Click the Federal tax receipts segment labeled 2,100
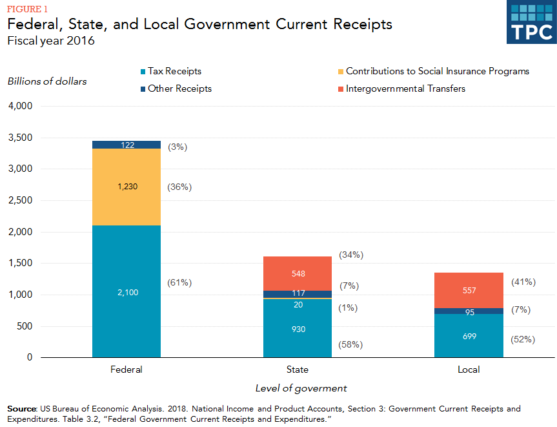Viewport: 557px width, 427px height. click(x=127, y=291)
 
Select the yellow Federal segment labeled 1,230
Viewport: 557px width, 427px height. click(x=127, y=187)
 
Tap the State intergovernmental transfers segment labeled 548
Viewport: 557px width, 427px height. click(x=298, y=273)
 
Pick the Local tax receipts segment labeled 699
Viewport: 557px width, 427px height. click(x=469, y=335)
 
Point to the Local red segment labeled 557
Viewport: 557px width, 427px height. click(x=469, y=291)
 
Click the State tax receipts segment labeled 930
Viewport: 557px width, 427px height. click(x=298, y=329)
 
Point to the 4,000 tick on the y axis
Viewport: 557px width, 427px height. click(x=21, y=106)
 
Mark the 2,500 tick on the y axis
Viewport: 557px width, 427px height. click(x=21, y=200)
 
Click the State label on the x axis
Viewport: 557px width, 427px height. click(x=298, y=370)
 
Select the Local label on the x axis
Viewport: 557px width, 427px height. click(x=469, y=370)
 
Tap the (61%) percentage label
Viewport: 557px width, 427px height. click(x=179, y=283)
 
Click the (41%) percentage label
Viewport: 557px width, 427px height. click(x=523, y=282)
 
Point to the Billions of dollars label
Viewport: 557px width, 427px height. click(x=47, y=81)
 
